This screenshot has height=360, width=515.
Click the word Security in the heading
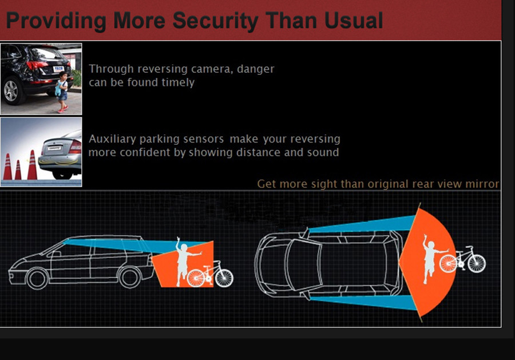click(216, 21)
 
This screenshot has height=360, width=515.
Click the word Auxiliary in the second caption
click(112, 139)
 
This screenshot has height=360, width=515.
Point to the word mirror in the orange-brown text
click(482, 184)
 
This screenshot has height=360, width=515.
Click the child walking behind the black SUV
click(62, 92)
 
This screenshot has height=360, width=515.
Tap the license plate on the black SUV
click(58, 69)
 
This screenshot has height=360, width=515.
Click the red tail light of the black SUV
click(37, 65)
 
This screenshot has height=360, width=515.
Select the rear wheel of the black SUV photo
click(12, 90)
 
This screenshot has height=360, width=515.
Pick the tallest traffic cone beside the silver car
click(32, 165)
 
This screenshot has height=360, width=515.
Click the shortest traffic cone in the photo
click(18, 170)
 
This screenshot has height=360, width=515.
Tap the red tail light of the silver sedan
click(76, 147)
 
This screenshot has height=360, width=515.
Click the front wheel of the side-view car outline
click(37, 278)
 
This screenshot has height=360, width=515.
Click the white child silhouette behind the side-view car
click(185, 262)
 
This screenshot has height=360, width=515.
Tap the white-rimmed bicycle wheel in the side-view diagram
click(224, 278)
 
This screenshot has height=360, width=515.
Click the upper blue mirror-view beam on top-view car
click(362, 225)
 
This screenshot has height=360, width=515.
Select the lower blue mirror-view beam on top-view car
click(363, 302)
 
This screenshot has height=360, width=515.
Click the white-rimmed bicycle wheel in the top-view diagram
click(477, 263)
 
